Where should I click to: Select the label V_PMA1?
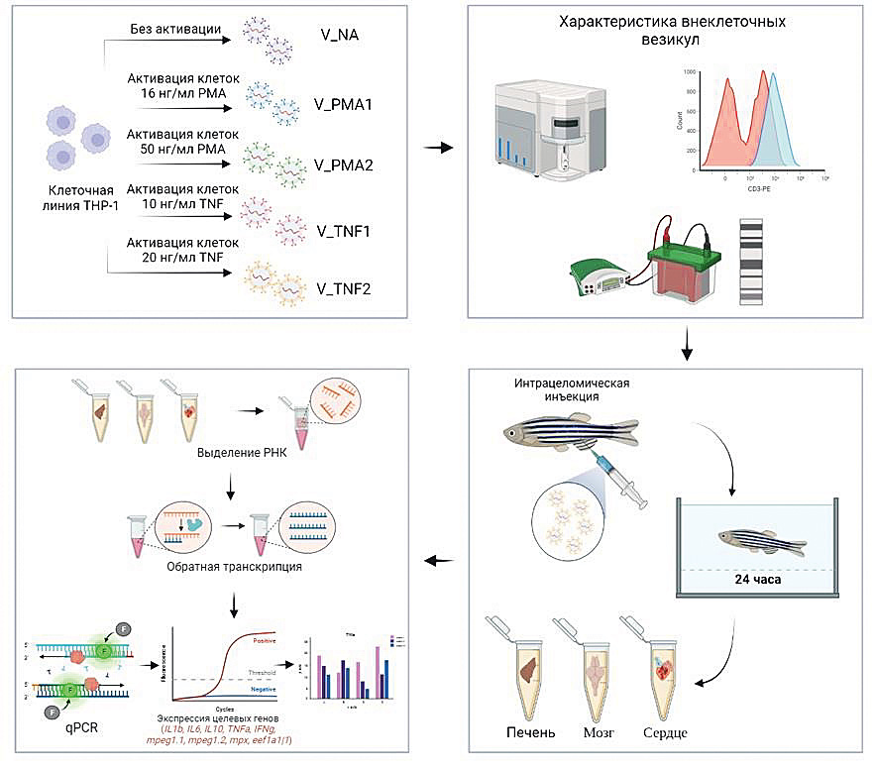[348, 102]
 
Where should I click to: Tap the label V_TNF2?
[346, 290]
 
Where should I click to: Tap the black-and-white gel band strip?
[753, 258]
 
